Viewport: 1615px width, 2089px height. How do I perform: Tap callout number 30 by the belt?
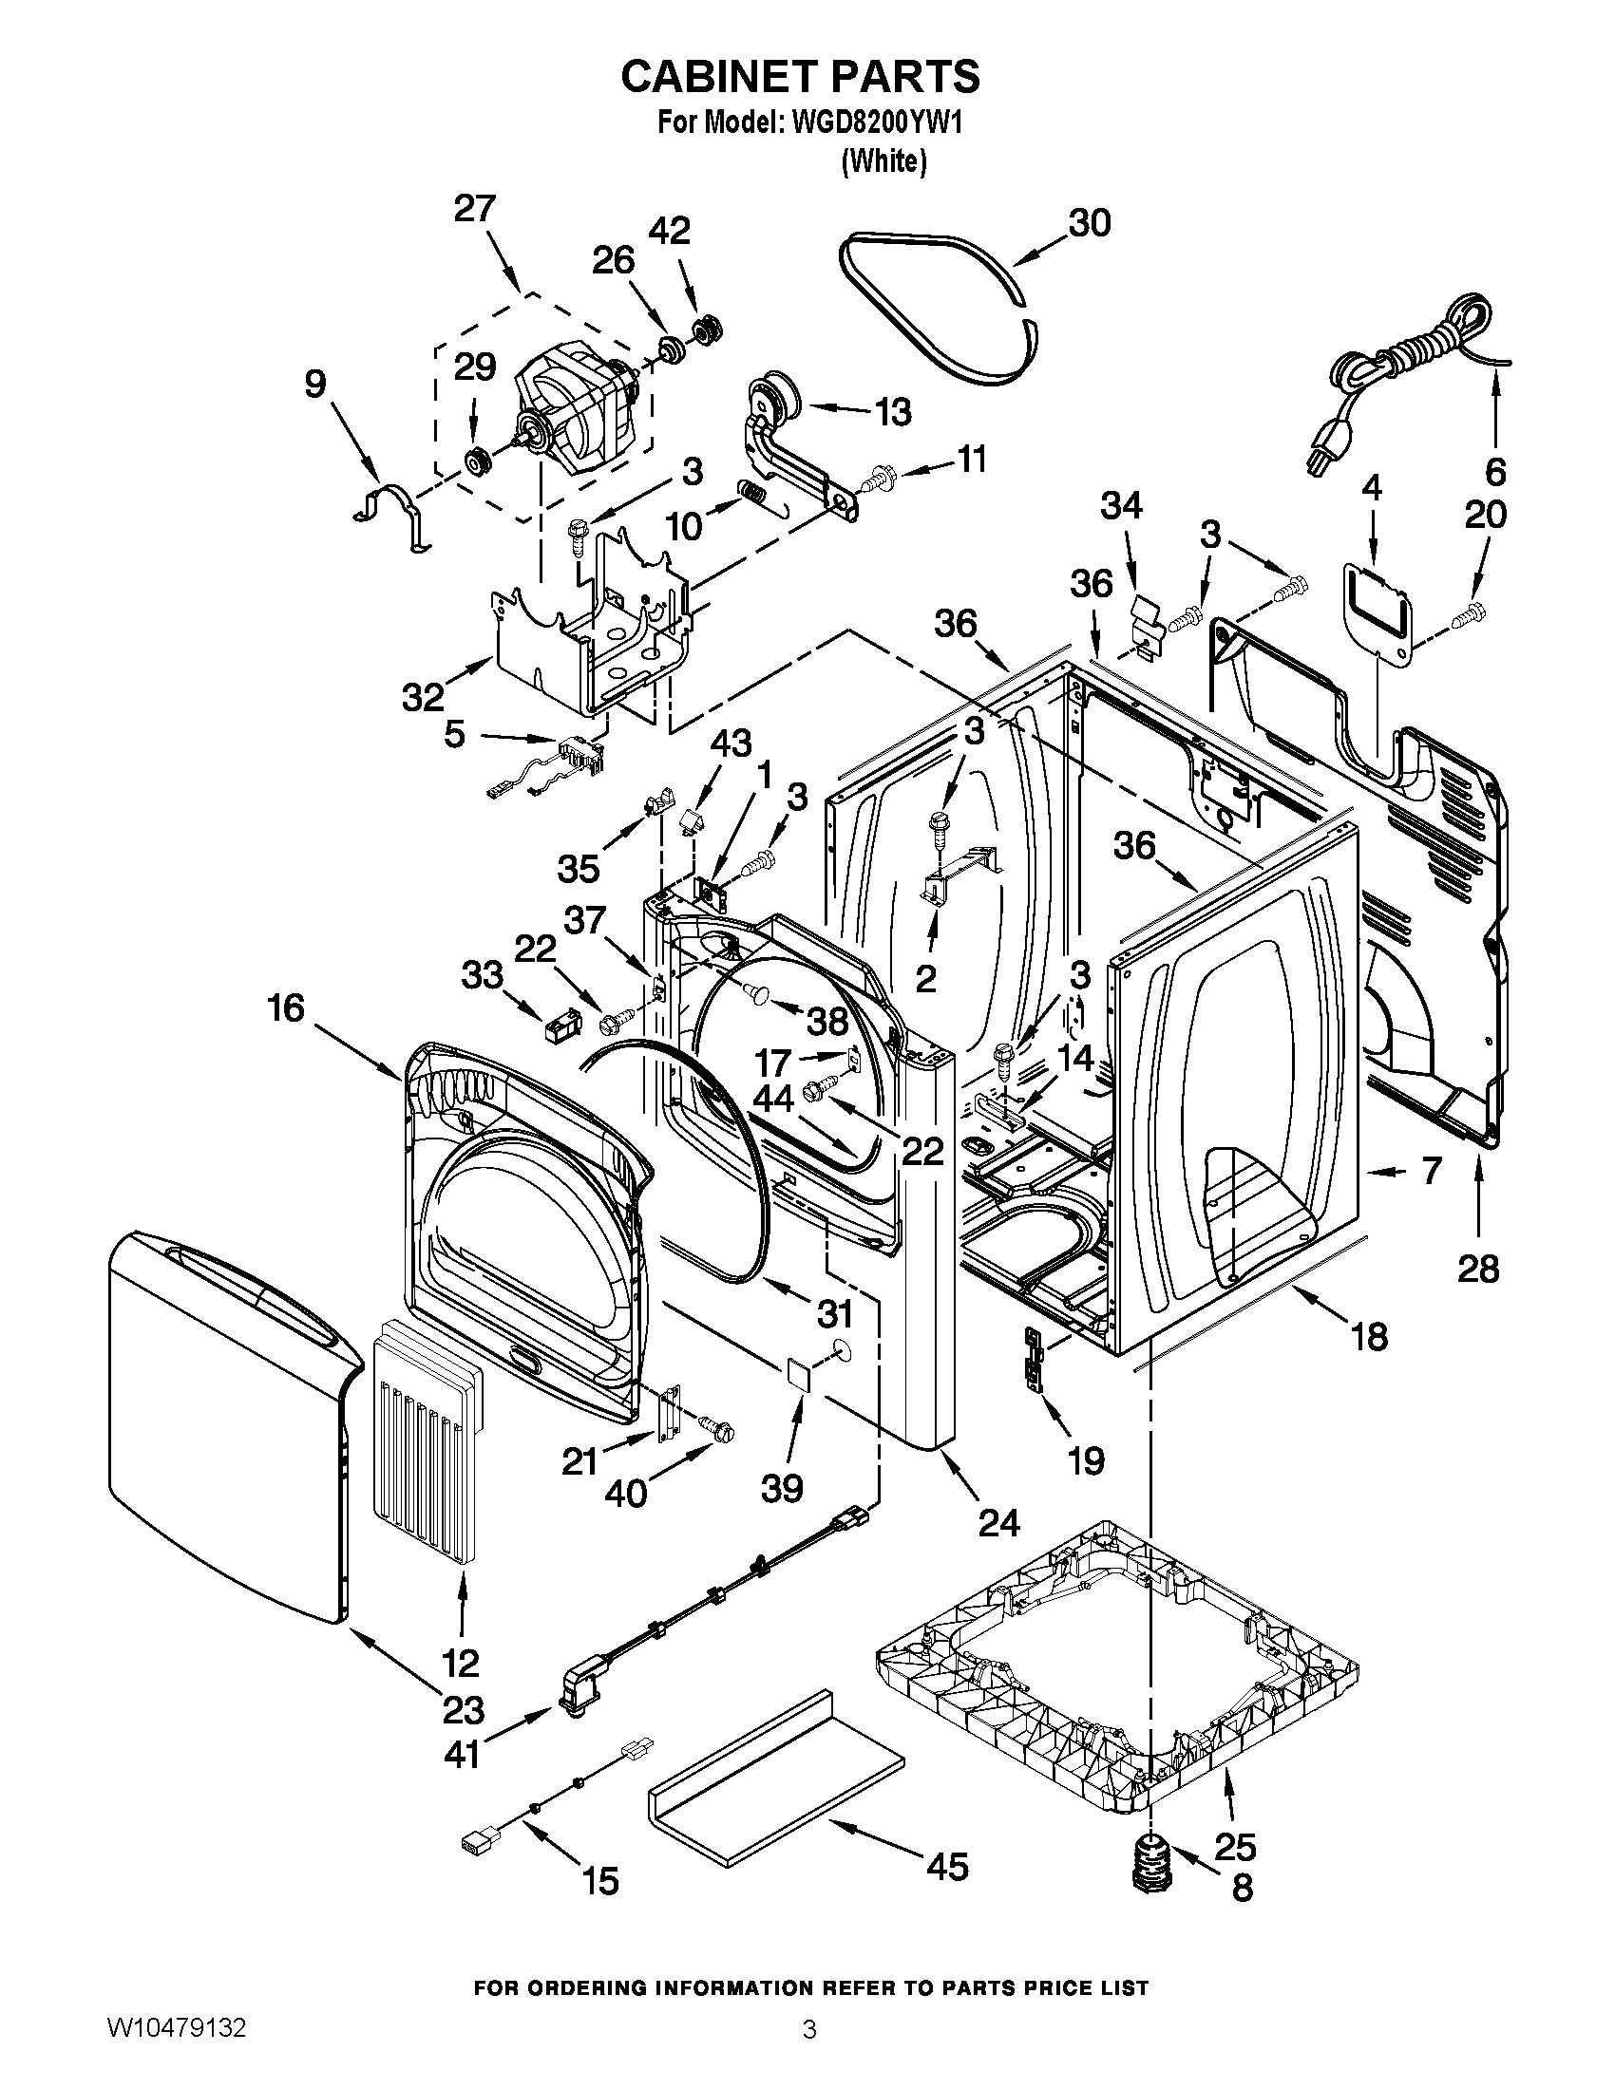(1089, 222)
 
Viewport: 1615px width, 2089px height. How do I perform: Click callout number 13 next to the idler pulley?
(892, 413)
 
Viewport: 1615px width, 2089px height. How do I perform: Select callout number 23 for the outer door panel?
(461, 1708)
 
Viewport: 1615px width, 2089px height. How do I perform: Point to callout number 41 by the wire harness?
(461, 1754)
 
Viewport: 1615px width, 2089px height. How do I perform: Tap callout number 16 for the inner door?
(285, 1007)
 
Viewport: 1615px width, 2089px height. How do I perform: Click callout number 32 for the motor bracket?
(423, 696)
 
